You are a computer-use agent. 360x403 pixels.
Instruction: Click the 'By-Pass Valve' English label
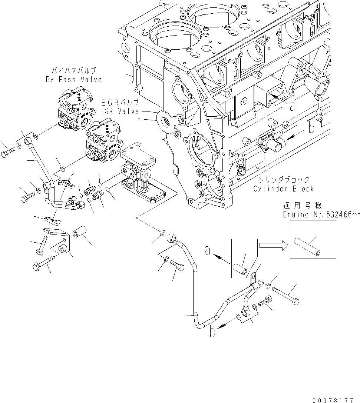click(73, 80)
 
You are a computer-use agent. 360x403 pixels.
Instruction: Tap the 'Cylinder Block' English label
click(284, 189)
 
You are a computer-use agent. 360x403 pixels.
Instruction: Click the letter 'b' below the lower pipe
click(212, 332)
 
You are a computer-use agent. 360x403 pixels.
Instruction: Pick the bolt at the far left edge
click(8, 152)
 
